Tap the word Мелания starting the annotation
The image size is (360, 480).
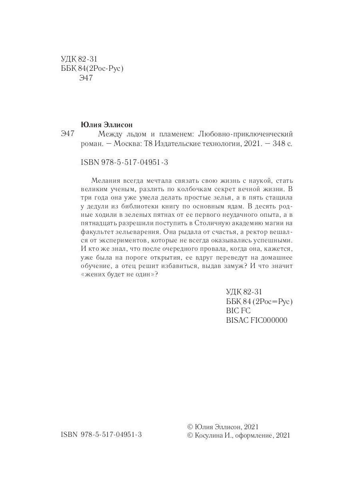pyautogui.click(x=105, y=180)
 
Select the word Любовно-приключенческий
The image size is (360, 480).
pyautogui.click(x=246, y=134)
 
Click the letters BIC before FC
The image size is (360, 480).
pyautogui.click(x=233, y=311)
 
